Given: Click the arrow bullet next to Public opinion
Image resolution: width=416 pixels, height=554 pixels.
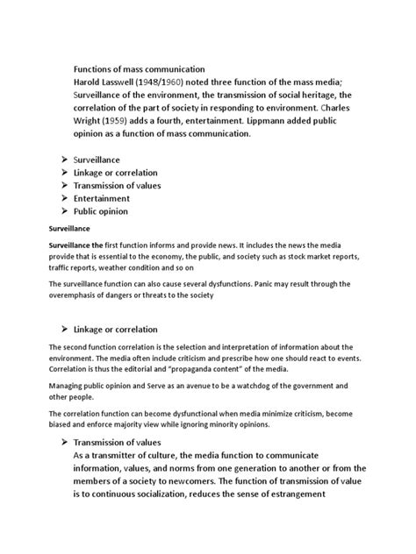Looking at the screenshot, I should [x=66, y=211].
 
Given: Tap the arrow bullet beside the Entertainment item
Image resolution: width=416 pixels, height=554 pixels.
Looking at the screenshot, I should [x=66, y=198].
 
